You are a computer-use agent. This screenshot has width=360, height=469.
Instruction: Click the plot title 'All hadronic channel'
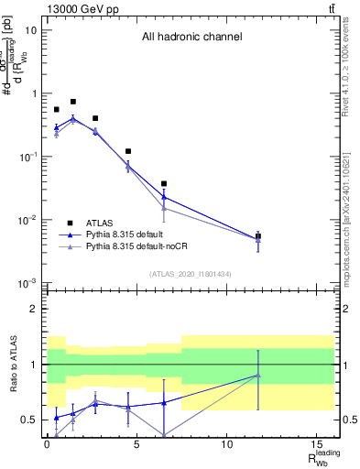click(191, 38)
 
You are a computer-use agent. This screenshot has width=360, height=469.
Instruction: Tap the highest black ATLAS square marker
click(73, 102)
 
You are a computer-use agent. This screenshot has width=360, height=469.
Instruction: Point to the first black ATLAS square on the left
click(57, 110)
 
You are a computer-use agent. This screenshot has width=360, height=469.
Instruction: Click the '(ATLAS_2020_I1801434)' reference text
click(190, 274)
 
